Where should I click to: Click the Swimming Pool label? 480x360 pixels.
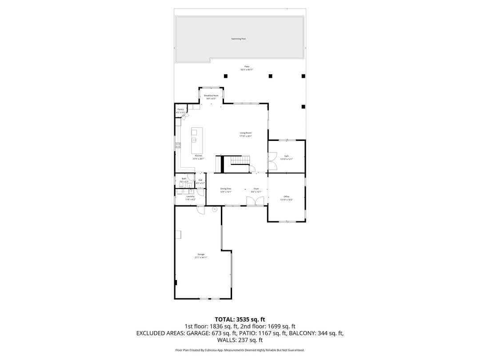point(238,39)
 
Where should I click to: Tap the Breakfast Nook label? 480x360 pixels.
point(211,96)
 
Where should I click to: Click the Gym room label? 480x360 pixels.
point(286,156)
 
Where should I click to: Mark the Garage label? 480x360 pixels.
point(201,254)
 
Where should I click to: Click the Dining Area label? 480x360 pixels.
point(226,189)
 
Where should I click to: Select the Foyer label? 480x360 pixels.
point(256,189)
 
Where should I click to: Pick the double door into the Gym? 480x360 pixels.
point(272,161)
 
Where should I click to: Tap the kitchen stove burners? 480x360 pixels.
point(178,145)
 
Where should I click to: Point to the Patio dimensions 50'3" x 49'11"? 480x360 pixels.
point(247,70)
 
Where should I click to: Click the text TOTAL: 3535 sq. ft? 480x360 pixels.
point(240,319)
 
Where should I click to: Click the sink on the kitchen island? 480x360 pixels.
point(194,140)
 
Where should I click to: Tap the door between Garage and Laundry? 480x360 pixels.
point(201,210)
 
